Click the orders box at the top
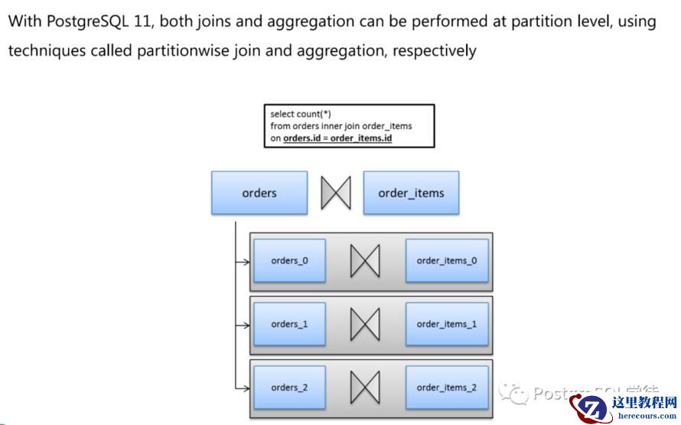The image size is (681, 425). (x=259, y=193)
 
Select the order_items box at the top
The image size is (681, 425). (x=411, y=193)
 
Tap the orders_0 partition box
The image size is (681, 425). (x=289, y=261)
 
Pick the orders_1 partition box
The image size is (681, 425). (x=289, y=324)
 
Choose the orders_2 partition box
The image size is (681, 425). (x=289, y=388)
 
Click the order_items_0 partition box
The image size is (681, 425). (x=447, y=261)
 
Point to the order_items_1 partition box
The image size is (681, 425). (x=447, y=324)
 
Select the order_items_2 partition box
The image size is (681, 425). (x=447, y=388)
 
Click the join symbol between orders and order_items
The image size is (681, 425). (x=335, y=193)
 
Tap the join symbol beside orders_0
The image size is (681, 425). (x=365, y=261)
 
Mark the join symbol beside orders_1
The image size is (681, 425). (x=365, y=325)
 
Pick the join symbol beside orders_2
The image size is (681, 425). (x=365, y=388)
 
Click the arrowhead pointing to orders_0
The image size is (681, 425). (x=246, y=261)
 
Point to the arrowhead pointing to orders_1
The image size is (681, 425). (x=246, y=325)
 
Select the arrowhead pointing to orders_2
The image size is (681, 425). (x=246, y=388)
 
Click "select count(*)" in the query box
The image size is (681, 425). (x=300, y=114)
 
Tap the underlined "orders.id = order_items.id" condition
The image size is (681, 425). (x=337, y=138)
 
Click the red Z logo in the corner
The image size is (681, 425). (x=591, y=407)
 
